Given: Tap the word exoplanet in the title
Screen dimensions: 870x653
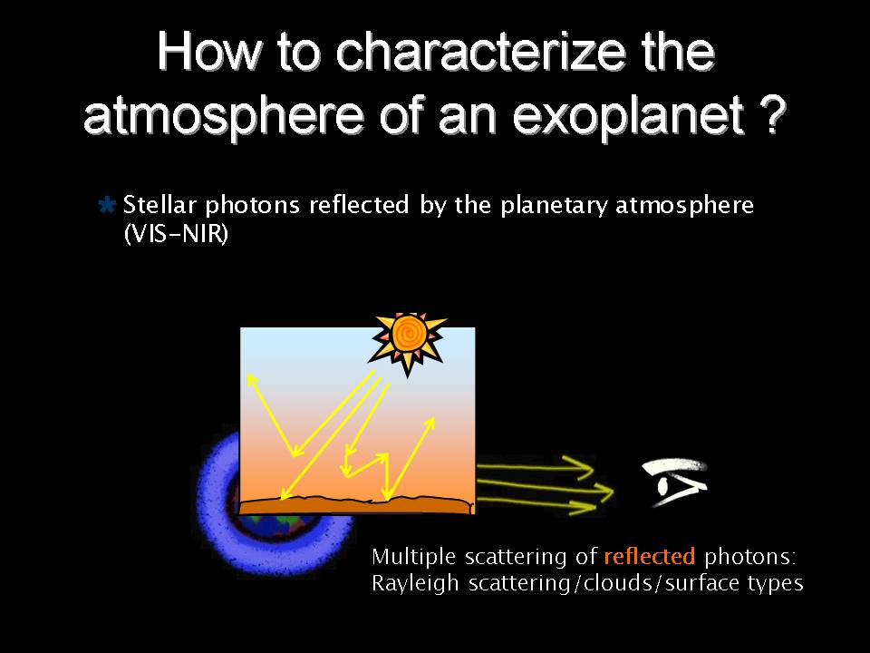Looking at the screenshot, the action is pyautogui.click(x=628, y=116).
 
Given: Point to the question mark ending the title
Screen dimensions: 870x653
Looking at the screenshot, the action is pyautogui.click(x=772, y=114).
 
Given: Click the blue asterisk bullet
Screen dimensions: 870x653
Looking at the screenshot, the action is pyautogui.click(x=107, y=205).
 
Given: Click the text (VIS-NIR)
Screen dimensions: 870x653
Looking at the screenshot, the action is pyautogui.click(x=176, y=234).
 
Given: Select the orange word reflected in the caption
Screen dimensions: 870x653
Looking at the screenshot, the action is pyautogui.click(x=649, y=556).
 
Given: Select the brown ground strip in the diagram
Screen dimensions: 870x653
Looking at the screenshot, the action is pyautogui.click(x=357, y=505).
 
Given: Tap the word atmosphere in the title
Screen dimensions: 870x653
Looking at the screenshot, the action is pyautogui.click(x=223, y=116).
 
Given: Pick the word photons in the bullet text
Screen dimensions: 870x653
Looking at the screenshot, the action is pyautogui.click(x=253, y=207).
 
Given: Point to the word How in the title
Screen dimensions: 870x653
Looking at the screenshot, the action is pyautogui.click(x=208, y=52).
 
